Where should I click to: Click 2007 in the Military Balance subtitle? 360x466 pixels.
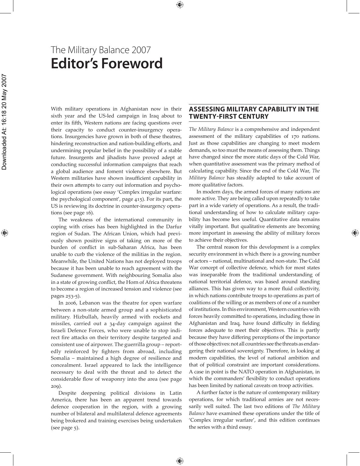click(141, 50)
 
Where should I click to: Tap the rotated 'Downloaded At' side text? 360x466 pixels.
click(4, 122)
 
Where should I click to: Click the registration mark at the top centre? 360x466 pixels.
click(180, 5)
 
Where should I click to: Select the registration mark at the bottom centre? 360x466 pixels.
click(180, 461)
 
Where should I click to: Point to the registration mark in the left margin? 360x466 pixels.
click(4, 233)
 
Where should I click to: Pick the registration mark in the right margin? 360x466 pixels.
click(355, 233)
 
